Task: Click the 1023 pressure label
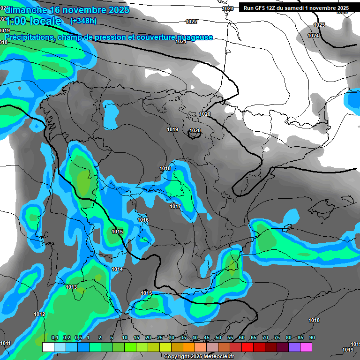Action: (x=228, y=8)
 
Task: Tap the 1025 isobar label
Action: (x=319, y=25)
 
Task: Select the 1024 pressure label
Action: (x=313, y=36)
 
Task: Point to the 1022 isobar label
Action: (x=191, y=22)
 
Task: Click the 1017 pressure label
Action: (x=175, y=206)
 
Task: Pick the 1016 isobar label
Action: (x=143, y=220)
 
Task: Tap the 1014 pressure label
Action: (x=117, y=269)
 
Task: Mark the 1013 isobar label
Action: (x=71, y=287)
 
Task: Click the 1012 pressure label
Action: (x=39, y=314)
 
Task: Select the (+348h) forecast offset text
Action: (x=83, y=21)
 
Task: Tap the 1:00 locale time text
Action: (x=33, y=21)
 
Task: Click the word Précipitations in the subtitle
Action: (x=30, y=37)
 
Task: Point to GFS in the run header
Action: (x=262, y=8)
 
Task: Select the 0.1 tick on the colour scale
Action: (x=54, y=338)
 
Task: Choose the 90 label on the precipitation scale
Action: (x=312, y=338)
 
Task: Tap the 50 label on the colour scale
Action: (x=218, y=338)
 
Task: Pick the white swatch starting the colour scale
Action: (x=48, y=347)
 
